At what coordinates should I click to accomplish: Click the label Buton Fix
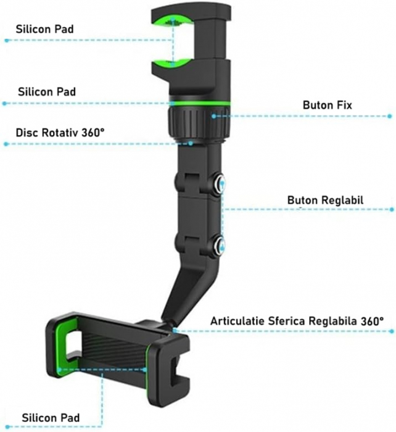(327, 105)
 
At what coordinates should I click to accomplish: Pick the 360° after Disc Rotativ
(93, 133)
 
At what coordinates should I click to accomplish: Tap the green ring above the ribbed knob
(199, 103)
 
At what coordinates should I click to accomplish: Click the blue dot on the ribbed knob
(214, 116)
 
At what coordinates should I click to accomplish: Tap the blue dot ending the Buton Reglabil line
(392, 209)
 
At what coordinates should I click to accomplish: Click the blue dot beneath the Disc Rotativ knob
(191, 143)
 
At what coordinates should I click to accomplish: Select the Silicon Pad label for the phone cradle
(51, 418)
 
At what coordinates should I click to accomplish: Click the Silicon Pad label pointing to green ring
(47, 91)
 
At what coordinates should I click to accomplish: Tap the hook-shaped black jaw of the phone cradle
(171, 363)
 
